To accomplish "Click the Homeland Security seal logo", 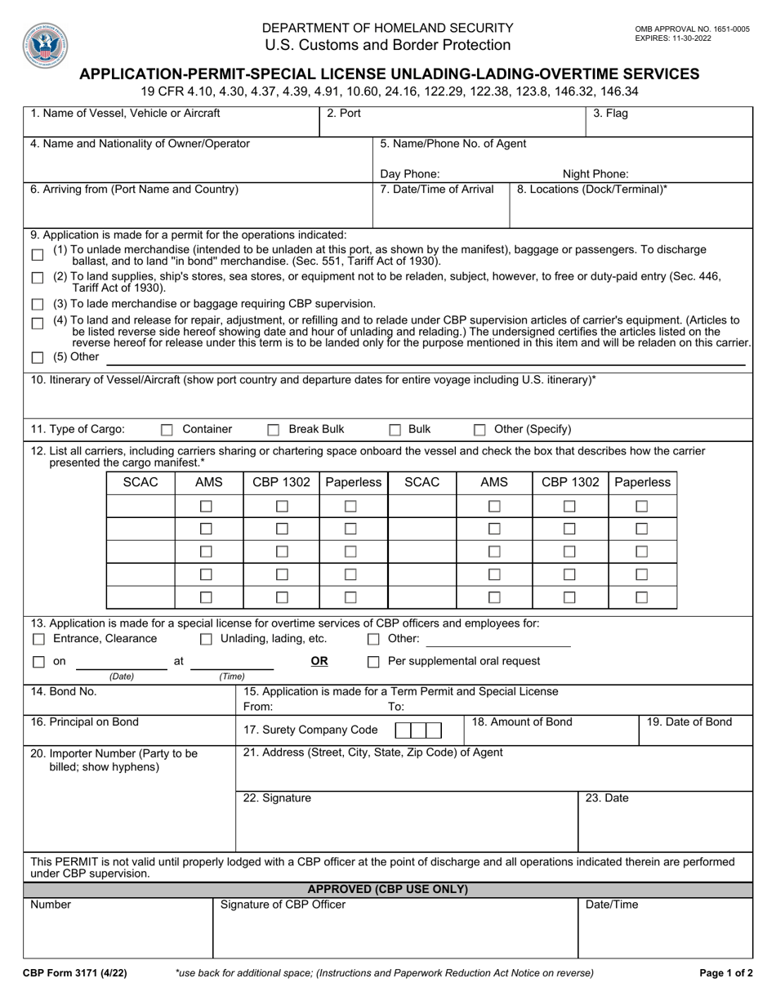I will point(47,45).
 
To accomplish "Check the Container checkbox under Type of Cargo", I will point(167,430).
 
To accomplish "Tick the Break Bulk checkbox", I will point(274,430).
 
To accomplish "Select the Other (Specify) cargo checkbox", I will point(479,430).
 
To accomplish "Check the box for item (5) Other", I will point(38,358).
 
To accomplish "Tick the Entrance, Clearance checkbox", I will point(38,639).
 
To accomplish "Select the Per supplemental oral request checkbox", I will point(373,662).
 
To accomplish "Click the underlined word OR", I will point(319,661).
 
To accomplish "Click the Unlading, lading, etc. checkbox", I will point(206,639).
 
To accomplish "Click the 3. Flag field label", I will point(610,114).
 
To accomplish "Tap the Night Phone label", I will point(595,173).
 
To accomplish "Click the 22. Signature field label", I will point(277,798).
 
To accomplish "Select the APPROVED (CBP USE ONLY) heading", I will point(388,889).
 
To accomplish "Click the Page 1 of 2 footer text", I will point(726,973).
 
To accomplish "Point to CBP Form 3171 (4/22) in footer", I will point(74,973).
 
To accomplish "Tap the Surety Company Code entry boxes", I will point(419,730).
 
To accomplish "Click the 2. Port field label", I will point(343,114).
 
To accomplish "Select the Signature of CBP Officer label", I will point(283,904).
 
